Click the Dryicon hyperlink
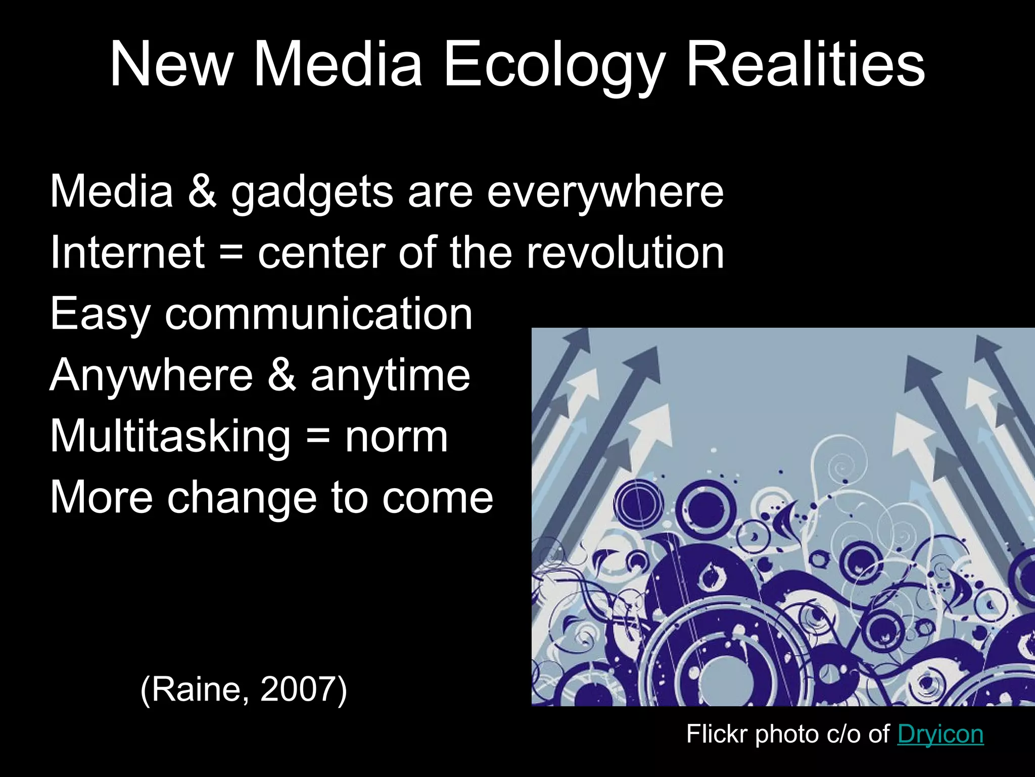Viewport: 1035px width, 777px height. point(940,735)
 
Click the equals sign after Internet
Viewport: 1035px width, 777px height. point(231,253)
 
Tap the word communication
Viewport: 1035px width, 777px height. point(318,314)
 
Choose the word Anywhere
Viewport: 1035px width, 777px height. point(151,375)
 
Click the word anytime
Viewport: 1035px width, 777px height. point(390,375)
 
